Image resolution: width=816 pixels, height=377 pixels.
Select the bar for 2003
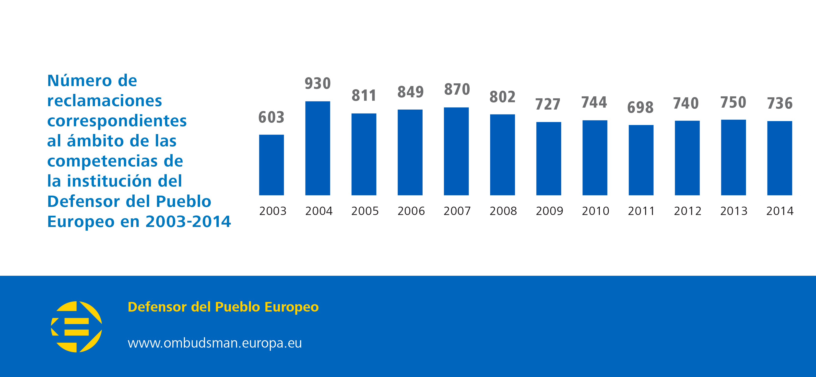(271, 165)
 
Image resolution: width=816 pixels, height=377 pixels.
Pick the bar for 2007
(456, 151)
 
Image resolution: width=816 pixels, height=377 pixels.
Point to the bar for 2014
(780, 158)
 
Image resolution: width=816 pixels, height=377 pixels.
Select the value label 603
(271, 117)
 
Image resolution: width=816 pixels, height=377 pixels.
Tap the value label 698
(640, 107)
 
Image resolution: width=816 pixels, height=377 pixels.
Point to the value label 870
(457, 89)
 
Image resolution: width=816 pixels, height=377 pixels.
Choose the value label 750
(733, 102)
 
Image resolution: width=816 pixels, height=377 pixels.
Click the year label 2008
(503, 211)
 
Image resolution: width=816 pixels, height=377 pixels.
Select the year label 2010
(595, 211)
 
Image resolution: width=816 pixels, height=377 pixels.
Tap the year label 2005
(365, 211)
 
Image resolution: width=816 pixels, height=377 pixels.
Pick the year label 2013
(734, 211)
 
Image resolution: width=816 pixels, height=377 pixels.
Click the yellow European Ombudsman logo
(76, 327)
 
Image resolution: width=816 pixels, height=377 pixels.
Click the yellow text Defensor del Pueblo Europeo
(223, 307)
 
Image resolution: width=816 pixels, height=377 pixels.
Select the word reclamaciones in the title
(105, 101)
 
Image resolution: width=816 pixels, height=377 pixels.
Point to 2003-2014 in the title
(188, 221)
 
